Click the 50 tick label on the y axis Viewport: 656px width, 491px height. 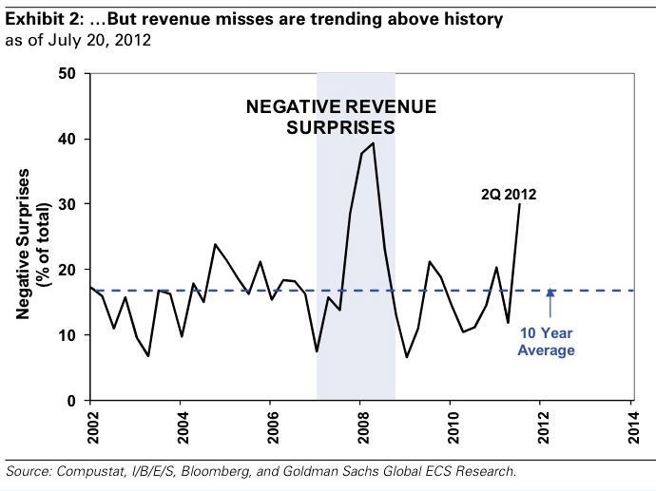66,74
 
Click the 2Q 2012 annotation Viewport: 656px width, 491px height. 508,195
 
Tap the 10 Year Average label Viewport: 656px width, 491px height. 546,343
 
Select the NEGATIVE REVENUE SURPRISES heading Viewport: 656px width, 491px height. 341,116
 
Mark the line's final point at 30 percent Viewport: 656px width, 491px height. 519,204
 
